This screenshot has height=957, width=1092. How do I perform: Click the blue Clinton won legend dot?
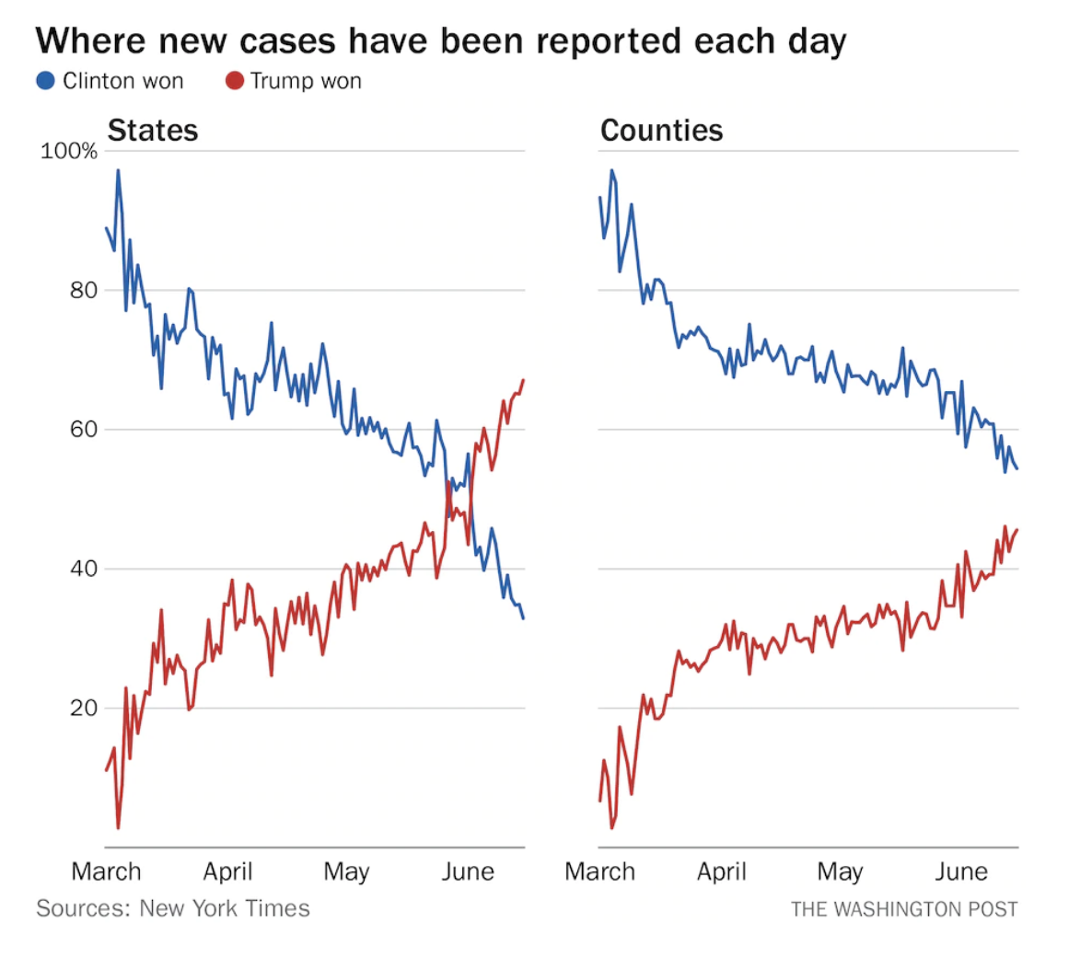tap(46, 81)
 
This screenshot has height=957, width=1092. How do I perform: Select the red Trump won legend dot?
tap(234, 81)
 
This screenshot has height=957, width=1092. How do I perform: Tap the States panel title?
tap(153, 131)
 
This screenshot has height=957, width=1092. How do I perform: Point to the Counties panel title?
tap(661, 131)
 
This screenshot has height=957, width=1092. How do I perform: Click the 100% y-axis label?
tap(69, 151)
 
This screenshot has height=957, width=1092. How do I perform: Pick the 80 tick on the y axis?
tap(83, 291)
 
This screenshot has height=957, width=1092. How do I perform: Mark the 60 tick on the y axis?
tap(83, 430)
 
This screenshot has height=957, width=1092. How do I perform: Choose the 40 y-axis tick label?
tap(83, 569)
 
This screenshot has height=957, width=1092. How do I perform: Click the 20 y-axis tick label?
tap(83, 708)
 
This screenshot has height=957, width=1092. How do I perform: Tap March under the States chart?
tap(107, 871)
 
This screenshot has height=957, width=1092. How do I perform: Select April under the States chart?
tap(227, 871)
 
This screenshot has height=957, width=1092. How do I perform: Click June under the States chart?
tap(468, 871)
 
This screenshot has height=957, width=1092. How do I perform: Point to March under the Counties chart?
tap(600, 871)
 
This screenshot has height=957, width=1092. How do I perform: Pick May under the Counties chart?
tap(840, 871)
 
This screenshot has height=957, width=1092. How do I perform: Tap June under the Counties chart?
tap(961, 871)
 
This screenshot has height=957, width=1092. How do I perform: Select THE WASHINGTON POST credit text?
tap(904, 909)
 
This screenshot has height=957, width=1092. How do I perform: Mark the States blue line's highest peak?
tap(118, 170)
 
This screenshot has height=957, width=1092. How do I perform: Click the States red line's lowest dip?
tap(118, 828)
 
